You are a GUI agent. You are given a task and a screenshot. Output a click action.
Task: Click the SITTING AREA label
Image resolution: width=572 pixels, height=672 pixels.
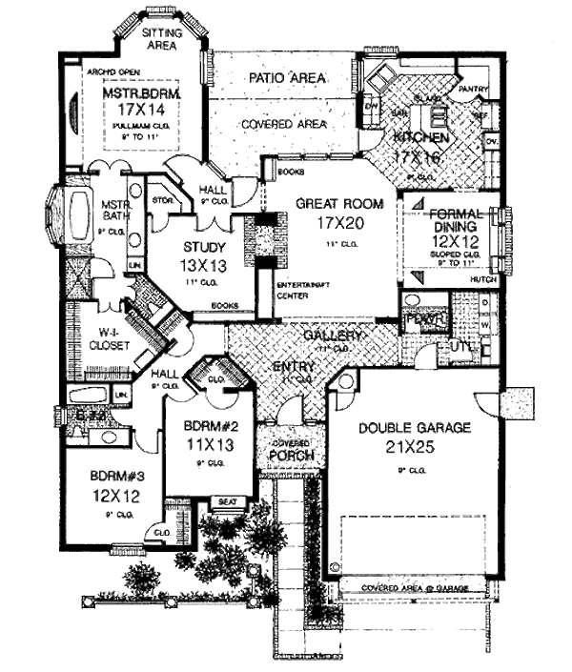point(162,39)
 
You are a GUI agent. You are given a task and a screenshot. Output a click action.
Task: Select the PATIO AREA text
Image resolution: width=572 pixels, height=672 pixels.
point(287,77)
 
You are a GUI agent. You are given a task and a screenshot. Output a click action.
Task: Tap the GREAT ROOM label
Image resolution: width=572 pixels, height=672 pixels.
point(326,204)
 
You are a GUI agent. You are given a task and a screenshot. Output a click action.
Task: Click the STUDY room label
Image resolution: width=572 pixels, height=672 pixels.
point(200,248)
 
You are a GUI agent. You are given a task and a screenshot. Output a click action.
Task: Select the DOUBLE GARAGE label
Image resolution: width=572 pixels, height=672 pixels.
point(415,428)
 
